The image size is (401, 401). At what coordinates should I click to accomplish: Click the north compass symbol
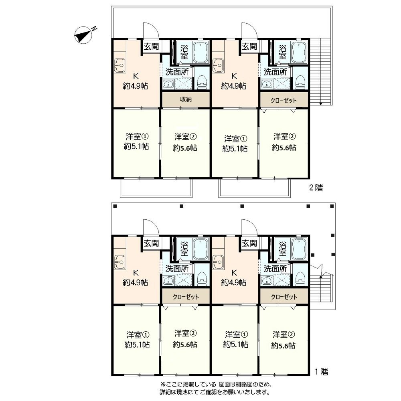point(84,35)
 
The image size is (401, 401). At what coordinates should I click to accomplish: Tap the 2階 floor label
point(316,188)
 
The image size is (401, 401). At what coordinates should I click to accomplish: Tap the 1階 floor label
point(321,372)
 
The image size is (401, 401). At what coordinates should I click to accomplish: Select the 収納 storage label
point(186,99)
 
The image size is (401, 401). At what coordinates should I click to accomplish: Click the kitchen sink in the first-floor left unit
point(119,262)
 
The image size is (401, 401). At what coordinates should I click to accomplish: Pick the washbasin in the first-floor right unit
point(267,281)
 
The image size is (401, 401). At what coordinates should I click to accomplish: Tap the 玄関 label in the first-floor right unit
point(249,243)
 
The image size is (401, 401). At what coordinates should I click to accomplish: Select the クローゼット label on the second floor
point(284,100)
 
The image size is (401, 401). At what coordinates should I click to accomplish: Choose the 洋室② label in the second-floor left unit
point(185,137)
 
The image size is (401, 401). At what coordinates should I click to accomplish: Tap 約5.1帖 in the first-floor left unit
point(137,345)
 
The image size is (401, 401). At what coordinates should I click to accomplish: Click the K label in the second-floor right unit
point(234,76)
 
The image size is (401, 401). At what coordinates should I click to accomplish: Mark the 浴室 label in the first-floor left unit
point(184,249)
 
